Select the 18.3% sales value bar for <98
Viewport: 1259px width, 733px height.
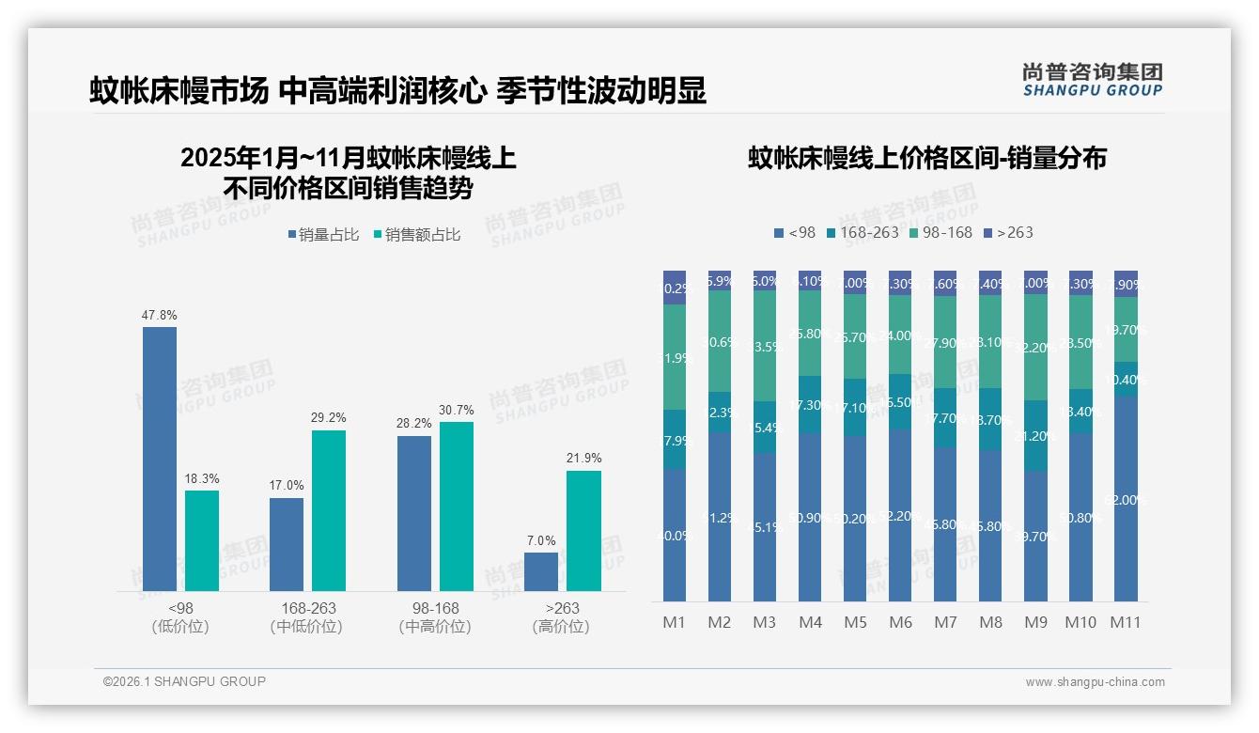tap(202, 540)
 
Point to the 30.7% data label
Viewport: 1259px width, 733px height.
tap(457, 411)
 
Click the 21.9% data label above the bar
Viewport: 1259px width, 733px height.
tap(583, 459)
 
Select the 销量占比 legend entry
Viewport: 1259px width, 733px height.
tap(323, 235)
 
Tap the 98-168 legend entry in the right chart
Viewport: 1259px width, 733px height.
tap(940, 232)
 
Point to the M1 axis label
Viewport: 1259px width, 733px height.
tap(675, 622)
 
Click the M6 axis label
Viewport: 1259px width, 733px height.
tap(900, 622)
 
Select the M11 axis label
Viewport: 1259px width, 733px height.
tap(1126, 622)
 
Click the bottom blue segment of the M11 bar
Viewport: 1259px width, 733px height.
tap(1126, 498)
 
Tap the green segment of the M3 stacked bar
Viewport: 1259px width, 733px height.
tap(765, 346)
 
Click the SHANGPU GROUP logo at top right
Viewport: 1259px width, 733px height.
tap(1093, 80)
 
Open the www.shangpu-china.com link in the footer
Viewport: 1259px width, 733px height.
tap(1095, 682)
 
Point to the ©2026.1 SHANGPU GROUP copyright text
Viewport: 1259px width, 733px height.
tap(184, 681)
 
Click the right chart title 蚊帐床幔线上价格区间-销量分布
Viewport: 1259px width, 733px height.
tap(926, 158)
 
